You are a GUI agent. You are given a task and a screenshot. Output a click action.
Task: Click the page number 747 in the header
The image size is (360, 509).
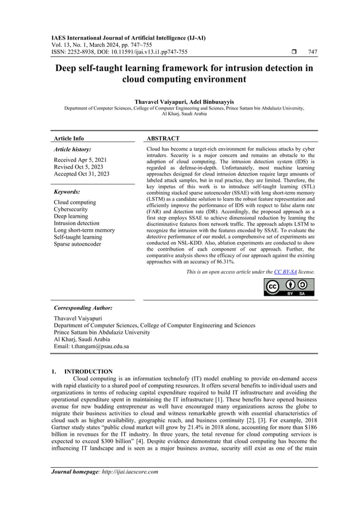312,52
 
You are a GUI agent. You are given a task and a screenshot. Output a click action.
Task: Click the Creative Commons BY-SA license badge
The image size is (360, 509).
289,287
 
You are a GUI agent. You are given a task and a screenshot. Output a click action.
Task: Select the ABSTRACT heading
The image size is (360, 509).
163,138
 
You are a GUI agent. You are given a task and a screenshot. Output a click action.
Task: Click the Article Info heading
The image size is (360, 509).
69,138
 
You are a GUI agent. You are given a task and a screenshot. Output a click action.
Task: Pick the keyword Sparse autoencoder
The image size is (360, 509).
78,244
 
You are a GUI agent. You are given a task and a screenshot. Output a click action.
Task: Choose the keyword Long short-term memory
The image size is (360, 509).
84,230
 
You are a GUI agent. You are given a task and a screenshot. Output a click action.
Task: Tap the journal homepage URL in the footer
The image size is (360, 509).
129,472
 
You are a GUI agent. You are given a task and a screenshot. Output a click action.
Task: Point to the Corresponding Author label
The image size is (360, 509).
83,308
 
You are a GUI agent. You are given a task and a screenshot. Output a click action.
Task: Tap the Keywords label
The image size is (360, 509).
67,192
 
